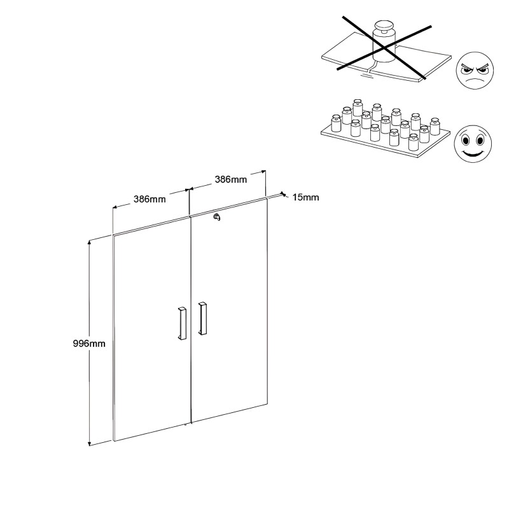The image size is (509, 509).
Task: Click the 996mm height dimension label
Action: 89,344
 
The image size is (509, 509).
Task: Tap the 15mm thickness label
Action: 305,197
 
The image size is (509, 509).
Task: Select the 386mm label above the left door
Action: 150,199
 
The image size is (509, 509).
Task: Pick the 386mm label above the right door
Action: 231,179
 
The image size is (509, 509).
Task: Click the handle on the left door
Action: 182,323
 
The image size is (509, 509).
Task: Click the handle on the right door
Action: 202,319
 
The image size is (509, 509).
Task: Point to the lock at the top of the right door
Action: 217,217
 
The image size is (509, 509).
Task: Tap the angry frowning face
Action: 475,71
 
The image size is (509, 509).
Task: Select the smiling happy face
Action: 473,144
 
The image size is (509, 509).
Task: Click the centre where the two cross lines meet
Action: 385,49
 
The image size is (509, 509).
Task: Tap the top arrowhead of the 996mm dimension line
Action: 89,242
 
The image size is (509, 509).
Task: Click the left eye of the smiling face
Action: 466,141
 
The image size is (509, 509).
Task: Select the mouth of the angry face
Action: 474,80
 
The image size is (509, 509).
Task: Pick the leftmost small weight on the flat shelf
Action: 336,123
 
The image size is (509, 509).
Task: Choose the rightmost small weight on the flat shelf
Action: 435,126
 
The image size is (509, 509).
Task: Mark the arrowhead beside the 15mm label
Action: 283,194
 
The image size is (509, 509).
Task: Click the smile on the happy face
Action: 473,153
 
